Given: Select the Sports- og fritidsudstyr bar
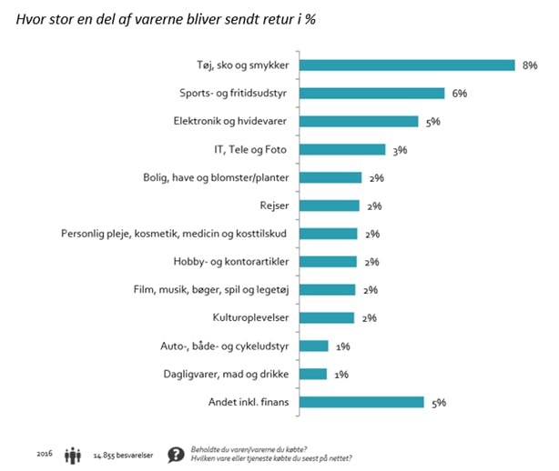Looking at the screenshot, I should click(x=371, y=93).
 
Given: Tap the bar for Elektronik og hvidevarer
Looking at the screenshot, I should click(x=359, y=121).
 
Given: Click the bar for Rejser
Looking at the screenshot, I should click(x=329, y=205).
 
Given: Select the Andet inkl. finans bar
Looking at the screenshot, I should click(x=361, y=401).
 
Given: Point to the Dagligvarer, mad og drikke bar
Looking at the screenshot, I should click(x=313, y=373).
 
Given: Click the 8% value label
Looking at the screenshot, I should click(x=528, y=65).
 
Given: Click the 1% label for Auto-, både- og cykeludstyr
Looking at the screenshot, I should click(x=341, y=346).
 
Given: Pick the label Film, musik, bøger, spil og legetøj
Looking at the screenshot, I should click(x=212, y=289).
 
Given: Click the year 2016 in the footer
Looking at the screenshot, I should click(x=45, y=453).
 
